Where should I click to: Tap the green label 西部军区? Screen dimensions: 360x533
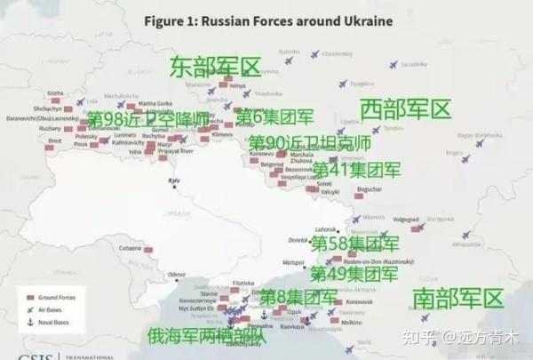point(406,110)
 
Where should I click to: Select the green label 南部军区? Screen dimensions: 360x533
point(457,298)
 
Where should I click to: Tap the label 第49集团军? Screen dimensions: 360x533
point(354,274)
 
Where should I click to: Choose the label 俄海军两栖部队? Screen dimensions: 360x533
point(207,336)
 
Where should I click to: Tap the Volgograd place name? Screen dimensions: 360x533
point(406,219)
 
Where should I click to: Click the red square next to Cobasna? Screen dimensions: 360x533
point(148,250)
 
